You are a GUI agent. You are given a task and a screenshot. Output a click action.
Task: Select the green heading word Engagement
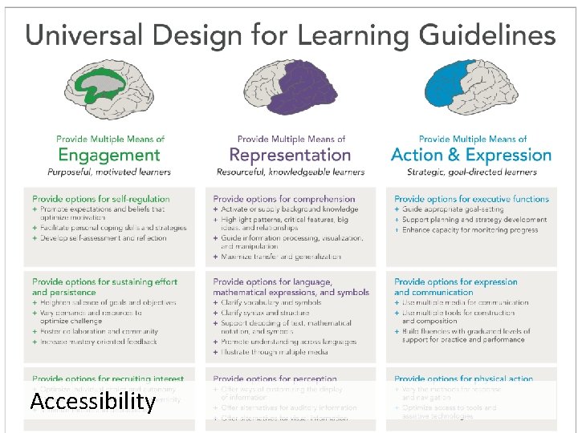(109, 155)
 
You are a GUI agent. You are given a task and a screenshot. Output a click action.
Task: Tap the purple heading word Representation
(290, 155)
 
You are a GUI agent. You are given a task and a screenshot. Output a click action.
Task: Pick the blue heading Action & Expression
(471, 155)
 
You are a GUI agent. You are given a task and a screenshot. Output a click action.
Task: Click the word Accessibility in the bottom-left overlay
(92, 401)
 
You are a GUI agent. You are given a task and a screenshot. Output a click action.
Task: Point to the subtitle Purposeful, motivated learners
(109, 172)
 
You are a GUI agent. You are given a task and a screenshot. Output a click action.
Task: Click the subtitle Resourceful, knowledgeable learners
(291, 172)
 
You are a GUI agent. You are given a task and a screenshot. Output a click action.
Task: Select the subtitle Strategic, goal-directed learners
(471, 172)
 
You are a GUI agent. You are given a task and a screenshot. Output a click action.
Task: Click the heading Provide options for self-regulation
(101, 199)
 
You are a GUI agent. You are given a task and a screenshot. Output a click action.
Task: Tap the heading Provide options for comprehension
(283, 199)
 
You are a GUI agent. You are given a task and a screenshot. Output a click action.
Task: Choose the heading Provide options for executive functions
(471, 199)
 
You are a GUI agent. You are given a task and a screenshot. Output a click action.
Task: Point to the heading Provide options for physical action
(463, 378)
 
